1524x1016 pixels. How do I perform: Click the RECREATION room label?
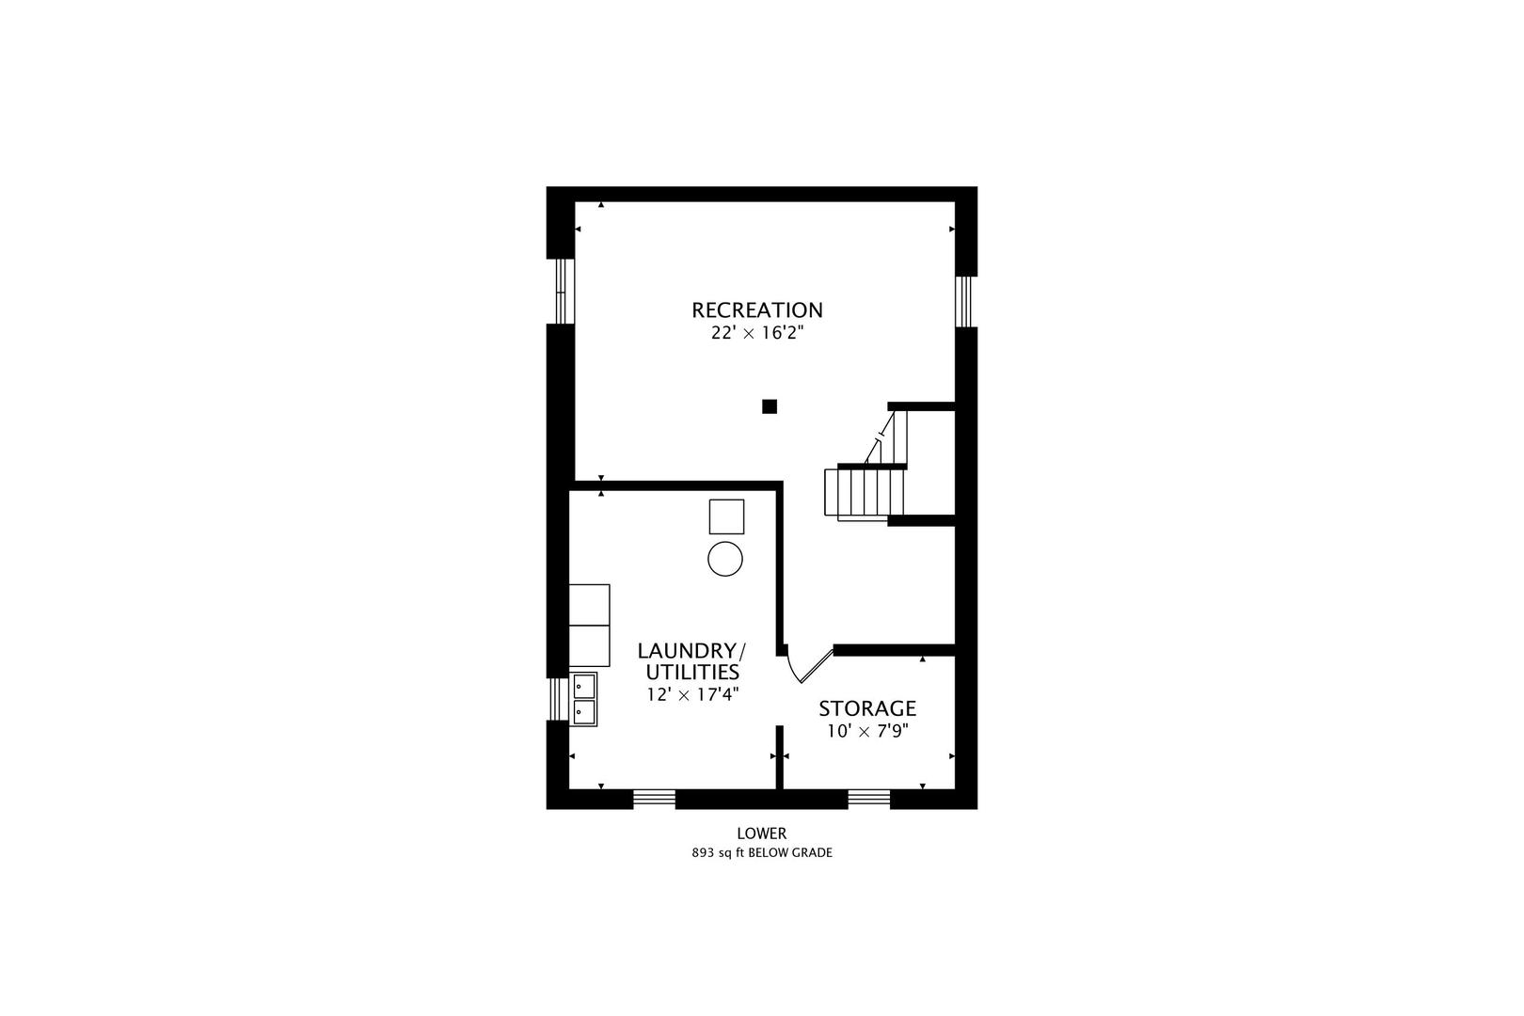(757, 310)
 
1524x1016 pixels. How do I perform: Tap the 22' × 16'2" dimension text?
(757, 333)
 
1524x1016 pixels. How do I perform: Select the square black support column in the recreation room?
(770, 406)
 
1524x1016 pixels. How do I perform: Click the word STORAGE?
(867, 708)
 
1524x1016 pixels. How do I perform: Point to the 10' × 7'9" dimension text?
(868, 732)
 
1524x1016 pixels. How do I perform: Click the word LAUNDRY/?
(692, 651)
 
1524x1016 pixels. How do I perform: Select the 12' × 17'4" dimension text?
(692, 695)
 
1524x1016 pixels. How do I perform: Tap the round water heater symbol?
(725, 559)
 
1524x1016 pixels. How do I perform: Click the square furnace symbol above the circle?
(726, 516)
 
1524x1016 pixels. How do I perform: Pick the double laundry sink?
(584, 700)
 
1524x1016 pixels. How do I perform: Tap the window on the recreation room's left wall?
(562, 292)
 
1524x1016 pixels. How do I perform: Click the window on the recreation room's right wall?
(963, 301)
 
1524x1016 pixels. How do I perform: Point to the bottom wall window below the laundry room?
(655, 799)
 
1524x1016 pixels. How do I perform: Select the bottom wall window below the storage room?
(869, 799)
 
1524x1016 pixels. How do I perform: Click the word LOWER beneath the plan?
(762, 833)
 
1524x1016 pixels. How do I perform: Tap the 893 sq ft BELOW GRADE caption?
(762, 852)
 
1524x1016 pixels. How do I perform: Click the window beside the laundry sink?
(558, 699)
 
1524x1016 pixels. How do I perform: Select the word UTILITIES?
(692, 673)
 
